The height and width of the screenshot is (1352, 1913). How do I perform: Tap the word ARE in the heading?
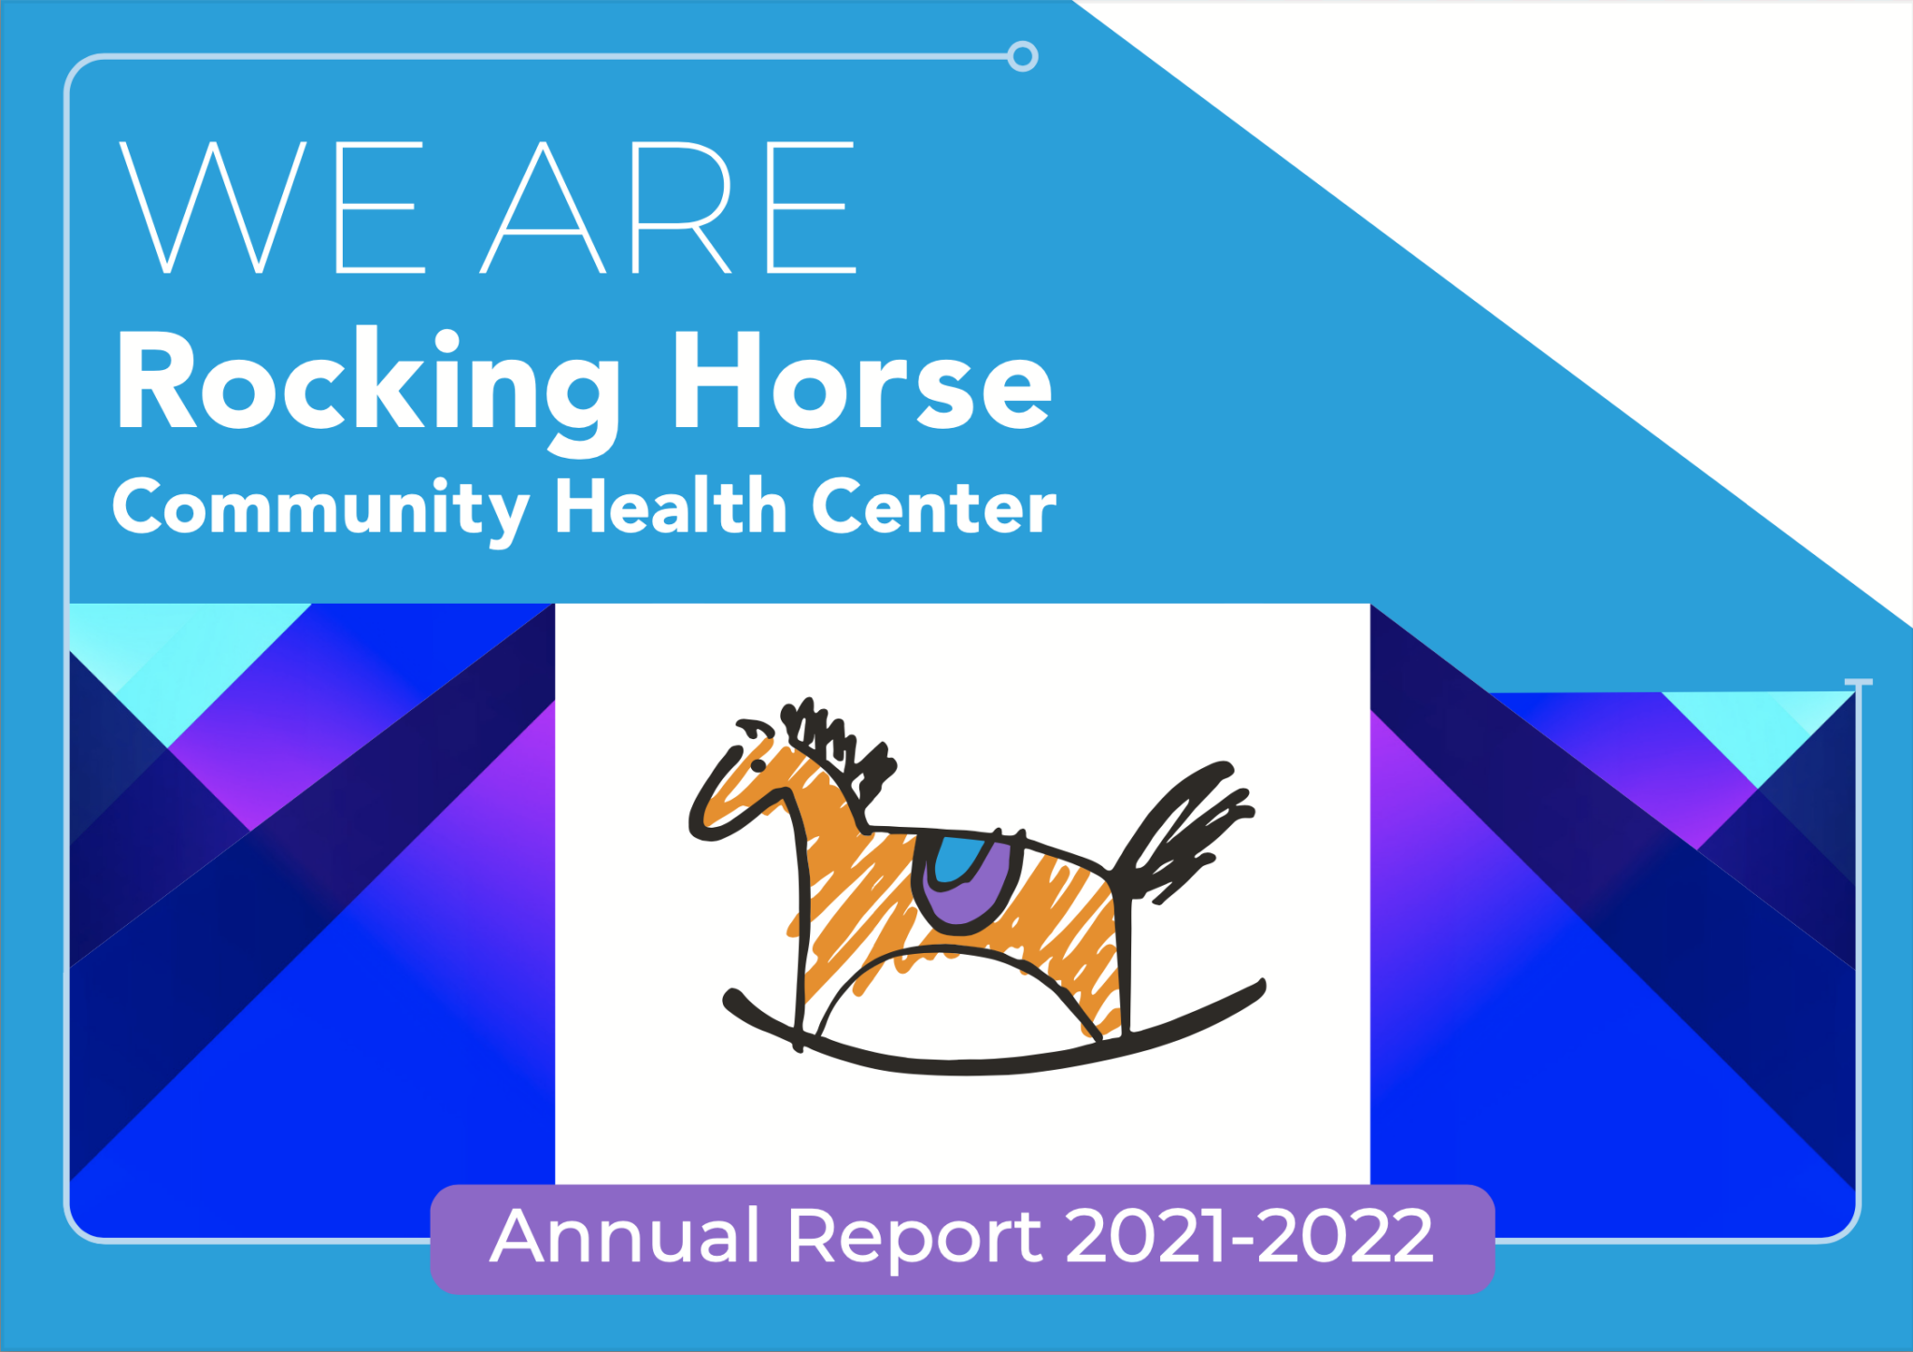[x=669, y=207]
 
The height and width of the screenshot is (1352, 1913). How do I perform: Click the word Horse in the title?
[x=863, y=381]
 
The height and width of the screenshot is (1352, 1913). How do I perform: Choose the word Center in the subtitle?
[x=934, y=506]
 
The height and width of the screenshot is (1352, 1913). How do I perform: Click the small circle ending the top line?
[x=1023, y=56]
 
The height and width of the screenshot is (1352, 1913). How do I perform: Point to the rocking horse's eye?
[x=758, y=766]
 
